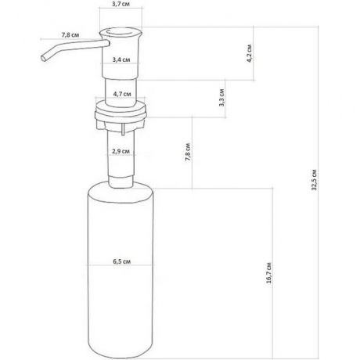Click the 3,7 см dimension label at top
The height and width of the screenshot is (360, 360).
point(121,4)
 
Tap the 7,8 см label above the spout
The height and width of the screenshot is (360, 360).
point(70,34)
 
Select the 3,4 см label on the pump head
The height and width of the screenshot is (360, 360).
point(121,59)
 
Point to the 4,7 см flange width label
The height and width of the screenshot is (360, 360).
point(122,94)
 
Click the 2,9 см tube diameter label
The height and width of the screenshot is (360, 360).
point(121,151)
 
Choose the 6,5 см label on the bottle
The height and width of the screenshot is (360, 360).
point(122,261)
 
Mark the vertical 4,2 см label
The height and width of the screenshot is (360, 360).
point(250,53)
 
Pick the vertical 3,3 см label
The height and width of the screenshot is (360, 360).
point(221,98)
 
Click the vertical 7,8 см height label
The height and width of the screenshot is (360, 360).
point(188,152)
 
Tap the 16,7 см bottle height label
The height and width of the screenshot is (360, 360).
point(269,273)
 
